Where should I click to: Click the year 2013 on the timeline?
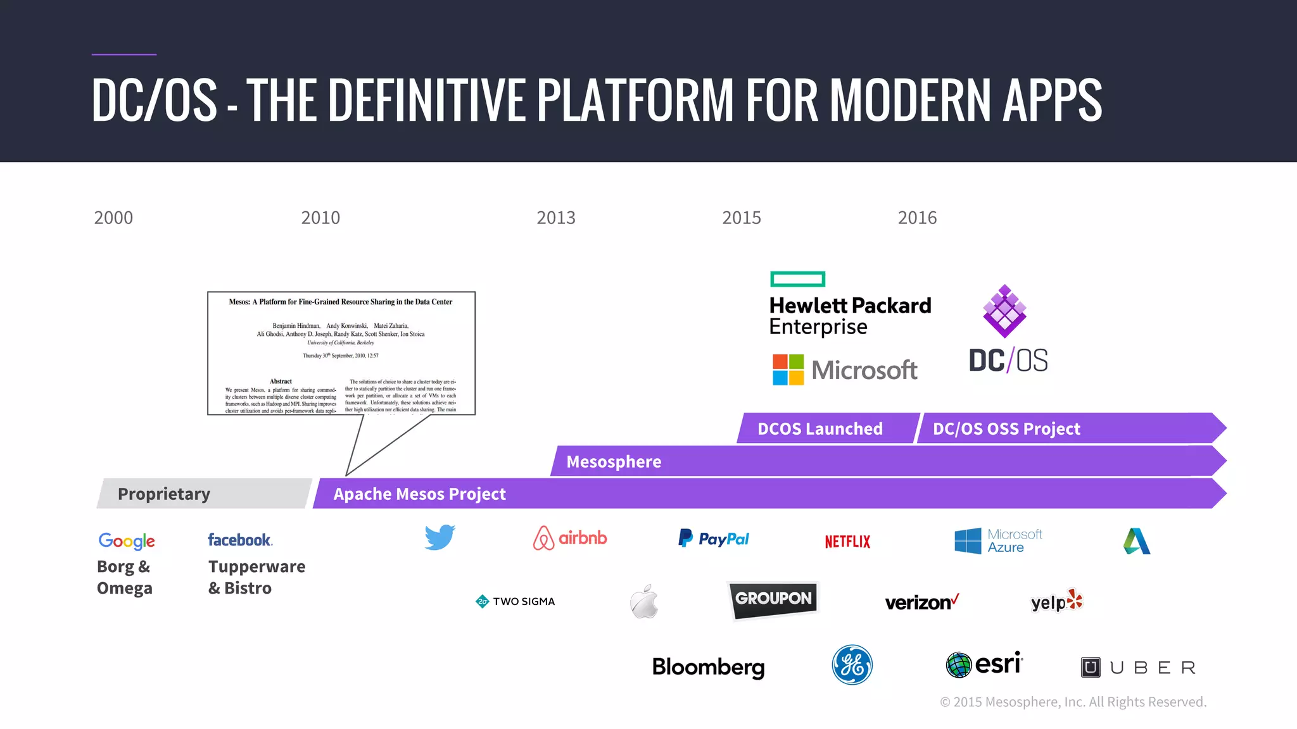555,218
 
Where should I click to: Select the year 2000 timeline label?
113,218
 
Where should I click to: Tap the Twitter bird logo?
440,537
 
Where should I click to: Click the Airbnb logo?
570,539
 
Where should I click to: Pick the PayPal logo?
714,539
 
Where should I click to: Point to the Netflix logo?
847,542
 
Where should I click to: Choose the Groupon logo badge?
773,599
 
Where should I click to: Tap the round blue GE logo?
852,665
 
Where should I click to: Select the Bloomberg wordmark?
708,667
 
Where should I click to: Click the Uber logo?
1137,668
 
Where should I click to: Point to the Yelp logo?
1056,601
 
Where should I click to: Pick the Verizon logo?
921,602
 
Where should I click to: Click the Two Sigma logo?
515,601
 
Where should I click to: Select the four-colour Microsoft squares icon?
788,370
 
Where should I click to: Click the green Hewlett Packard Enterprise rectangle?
797,279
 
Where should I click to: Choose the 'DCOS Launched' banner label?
819,429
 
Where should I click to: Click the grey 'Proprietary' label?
164,494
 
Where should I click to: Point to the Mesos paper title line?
341,302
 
